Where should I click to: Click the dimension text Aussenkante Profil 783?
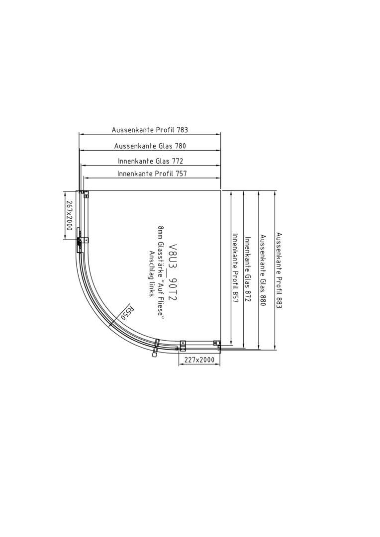150,130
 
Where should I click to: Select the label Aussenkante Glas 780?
150,146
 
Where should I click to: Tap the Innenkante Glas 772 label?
150,161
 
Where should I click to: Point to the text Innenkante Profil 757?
152,174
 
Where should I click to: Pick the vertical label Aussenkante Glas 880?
263,270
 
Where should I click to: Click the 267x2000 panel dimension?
69,215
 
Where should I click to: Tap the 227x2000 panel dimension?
199,359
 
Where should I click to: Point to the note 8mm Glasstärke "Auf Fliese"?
160,273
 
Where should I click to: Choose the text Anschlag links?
151,274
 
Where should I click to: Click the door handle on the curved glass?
156,348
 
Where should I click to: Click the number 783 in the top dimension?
183,130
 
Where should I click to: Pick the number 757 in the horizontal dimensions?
182,174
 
